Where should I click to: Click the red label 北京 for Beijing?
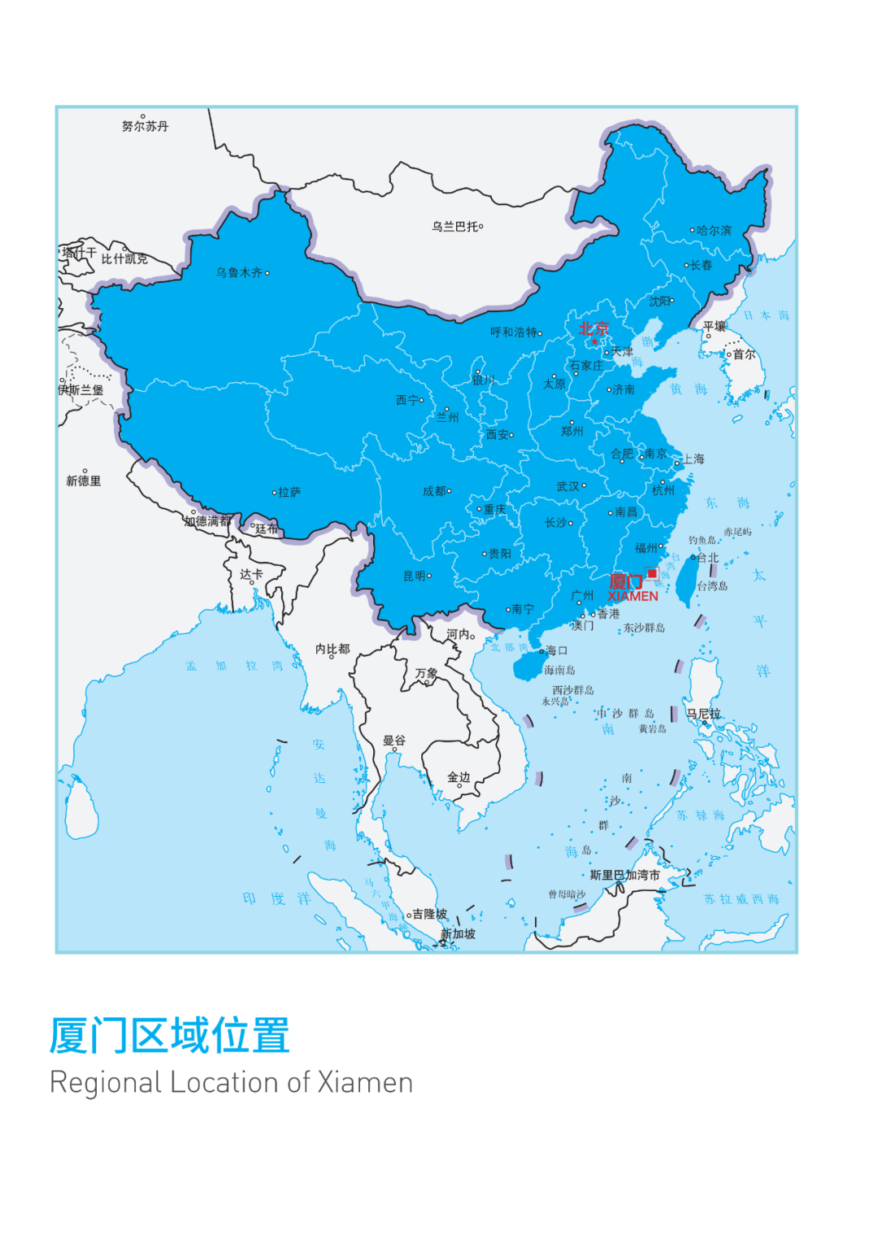[593, 329]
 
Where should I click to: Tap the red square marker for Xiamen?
[652, 574]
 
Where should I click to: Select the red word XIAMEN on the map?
[632, 596]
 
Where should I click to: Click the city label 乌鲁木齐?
[239, 272]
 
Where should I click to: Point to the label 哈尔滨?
[714, 231]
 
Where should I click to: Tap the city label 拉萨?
[289, 492]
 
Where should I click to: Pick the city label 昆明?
[415, 576]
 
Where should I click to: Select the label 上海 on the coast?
[693, 459]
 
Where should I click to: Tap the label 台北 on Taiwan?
[708, 558]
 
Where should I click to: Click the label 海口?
[557, 650]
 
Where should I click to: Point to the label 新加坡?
[458, 934]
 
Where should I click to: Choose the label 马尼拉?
[703, 714]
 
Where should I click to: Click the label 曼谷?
[394, 741]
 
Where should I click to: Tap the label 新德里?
[84, 481]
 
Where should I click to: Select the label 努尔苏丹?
[146, 126]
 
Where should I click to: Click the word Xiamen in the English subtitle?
[365, 1083]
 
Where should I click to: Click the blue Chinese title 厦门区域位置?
[170, 1036]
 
